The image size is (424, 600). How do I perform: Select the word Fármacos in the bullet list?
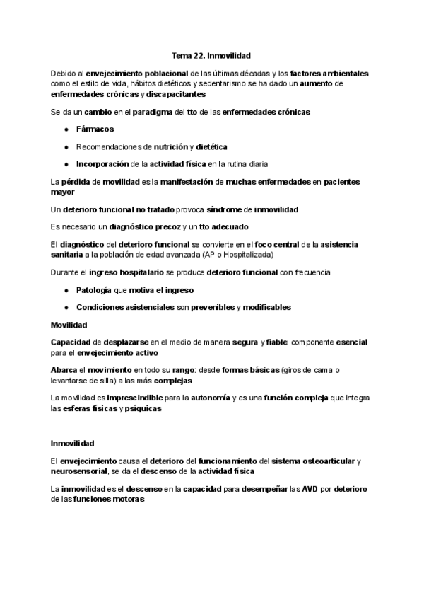tap(95, 129)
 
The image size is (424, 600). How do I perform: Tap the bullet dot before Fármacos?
tap(66, 129)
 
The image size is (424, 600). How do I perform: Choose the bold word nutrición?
tap(170, 146)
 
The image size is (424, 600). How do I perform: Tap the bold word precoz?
tap(152, 227)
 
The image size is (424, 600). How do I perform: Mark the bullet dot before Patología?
tap(66, 290)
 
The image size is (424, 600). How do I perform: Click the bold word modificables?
tap(265, 307)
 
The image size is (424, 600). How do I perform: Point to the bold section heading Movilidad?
tap(69, 325)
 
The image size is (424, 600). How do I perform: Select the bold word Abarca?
tap(64, 369)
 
